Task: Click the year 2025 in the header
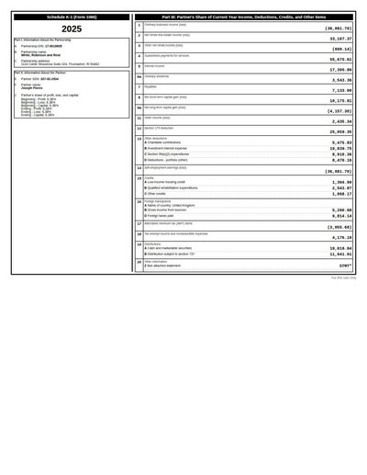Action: click(72, 29)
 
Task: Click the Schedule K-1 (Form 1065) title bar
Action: click(72, 17)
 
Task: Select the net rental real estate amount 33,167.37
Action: click(338, 40)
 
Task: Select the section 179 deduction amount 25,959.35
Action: click(338, 131)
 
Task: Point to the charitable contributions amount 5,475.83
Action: click(339, 143)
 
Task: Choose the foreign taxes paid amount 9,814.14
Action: click(339, 216)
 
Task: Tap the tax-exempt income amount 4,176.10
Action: click(339, 237)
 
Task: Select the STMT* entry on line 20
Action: click(345, 266)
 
